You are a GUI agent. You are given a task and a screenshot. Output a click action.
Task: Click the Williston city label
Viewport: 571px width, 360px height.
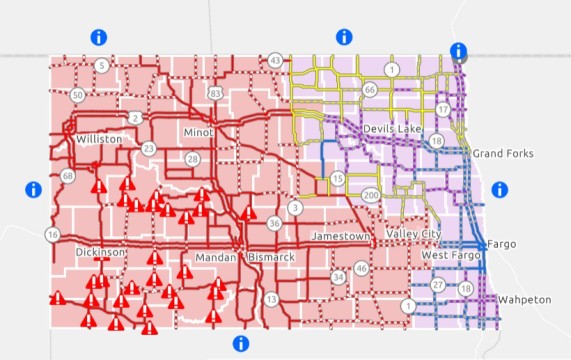(98, 139)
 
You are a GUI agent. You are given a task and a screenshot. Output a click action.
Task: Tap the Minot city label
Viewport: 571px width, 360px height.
(199, 132)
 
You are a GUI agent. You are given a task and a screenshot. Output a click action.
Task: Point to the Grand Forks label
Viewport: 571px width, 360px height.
(503, 153)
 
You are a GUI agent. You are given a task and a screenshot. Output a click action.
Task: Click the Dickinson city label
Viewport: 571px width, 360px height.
(100, 253)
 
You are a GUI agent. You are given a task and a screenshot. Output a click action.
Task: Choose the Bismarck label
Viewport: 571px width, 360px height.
(271, 257)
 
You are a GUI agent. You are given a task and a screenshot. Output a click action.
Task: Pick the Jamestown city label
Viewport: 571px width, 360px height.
(341, 236)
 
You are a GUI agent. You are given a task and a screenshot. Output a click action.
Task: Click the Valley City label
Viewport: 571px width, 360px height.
(413, 234)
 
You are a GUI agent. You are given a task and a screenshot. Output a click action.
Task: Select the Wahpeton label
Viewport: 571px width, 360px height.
(524, 299)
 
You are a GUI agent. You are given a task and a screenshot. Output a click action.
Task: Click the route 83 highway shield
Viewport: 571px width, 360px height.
(215, 93)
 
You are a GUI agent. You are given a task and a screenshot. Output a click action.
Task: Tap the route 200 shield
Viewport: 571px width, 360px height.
(371, 194)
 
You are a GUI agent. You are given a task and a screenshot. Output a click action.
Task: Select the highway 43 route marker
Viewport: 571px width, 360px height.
(275, 61)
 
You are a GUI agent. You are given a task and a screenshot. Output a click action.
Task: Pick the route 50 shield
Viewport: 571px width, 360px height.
(78, 94)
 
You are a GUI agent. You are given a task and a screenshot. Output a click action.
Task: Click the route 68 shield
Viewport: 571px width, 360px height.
(67, 176)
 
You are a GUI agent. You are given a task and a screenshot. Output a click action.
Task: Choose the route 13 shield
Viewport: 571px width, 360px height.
(271, 299)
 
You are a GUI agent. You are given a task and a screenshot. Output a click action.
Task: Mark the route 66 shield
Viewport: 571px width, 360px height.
(369, 90)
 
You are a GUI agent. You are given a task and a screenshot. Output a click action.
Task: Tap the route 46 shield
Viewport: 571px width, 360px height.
(361, 269)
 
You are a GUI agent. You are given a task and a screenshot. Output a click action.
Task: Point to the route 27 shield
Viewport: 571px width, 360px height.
(437, 285)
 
